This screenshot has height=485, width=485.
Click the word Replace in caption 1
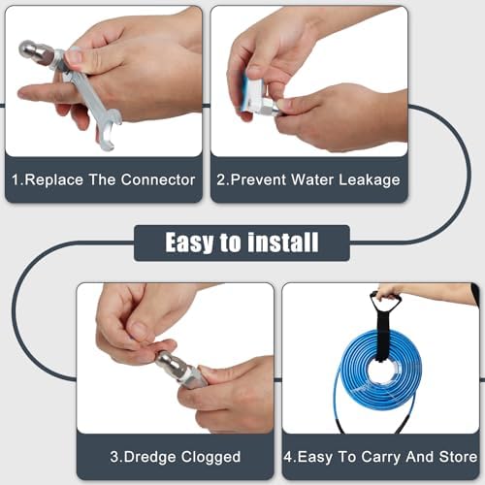[x=53, y=179]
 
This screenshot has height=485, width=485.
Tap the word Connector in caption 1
[x=158, y=179]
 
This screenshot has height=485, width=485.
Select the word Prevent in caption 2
[x=258, y=179]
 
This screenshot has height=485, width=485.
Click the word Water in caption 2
[x=312, y=179]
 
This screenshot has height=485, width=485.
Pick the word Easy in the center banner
[x=189, y=242]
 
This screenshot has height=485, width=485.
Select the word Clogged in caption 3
[x=210, y=458]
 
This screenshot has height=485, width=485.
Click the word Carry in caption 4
[x=381, y=458]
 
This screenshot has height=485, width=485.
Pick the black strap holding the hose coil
[x=384, y=327]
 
